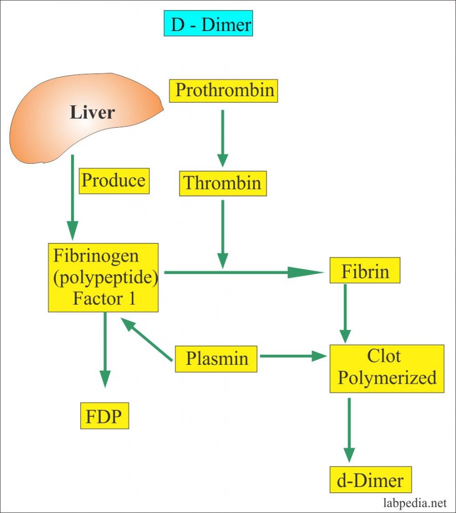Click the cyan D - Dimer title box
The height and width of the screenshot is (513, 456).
coord(208,23)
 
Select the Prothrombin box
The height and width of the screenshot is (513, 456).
coord(223,91)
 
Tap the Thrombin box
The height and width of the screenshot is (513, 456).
coord(223,183)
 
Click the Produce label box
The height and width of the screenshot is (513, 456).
coord(114,181)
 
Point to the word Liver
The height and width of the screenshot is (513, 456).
coord(92,112)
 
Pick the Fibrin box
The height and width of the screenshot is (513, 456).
coord(365,270)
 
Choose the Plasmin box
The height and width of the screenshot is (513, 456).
coord(216,359)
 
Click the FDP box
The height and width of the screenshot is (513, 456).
coord(105,416)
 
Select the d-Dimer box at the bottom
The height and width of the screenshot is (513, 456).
coord(370,479)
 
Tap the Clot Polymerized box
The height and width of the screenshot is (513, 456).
coord(387,369)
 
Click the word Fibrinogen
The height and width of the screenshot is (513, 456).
coord(96,256)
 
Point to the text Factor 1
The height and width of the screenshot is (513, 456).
coord(104,299)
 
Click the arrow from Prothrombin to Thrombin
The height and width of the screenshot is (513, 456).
coord(222,138)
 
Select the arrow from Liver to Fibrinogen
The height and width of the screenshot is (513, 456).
coord(72,197)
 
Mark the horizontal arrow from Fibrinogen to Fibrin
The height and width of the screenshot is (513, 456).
coord(244,272)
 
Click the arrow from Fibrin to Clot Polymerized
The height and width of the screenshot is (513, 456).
coord(345,314)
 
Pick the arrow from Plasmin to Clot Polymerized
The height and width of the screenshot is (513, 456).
coord(293,356)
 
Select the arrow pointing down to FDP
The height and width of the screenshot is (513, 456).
coord(105,350)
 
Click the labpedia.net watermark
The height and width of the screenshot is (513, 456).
coord(415,502)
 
